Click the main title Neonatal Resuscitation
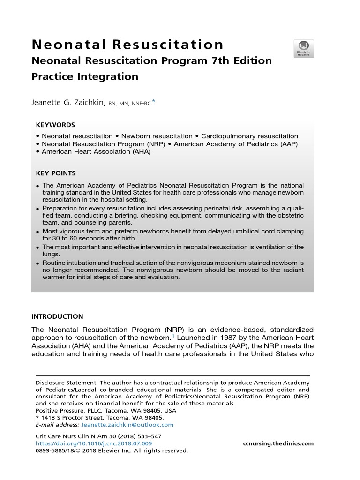pos(127,45)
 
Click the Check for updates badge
pos(303,49)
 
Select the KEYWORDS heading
pos(55,125)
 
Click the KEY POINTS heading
pos(56,173)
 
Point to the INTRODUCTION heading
pos(57,316)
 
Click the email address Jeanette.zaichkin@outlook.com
pos(127,425)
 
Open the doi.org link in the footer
pos(94,443)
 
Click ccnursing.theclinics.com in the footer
pos(278,443)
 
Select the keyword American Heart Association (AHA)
pos(96,151)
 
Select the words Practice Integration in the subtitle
pos(85,76)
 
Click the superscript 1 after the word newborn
pos(173,336)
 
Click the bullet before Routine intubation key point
pos(37,263)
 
